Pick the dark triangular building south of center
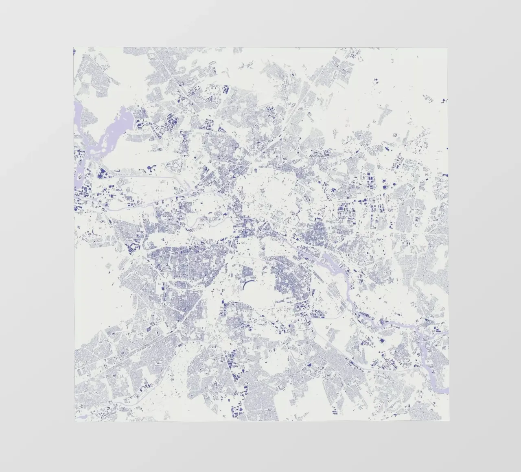[x=310, y=365]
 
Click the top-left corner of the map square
[x=74, y=48]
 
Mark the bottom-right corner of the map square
[x=449, y=421]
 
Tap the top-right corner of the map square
[x=448, y=48]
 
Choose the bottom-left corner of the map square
[x=75, y=422]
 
